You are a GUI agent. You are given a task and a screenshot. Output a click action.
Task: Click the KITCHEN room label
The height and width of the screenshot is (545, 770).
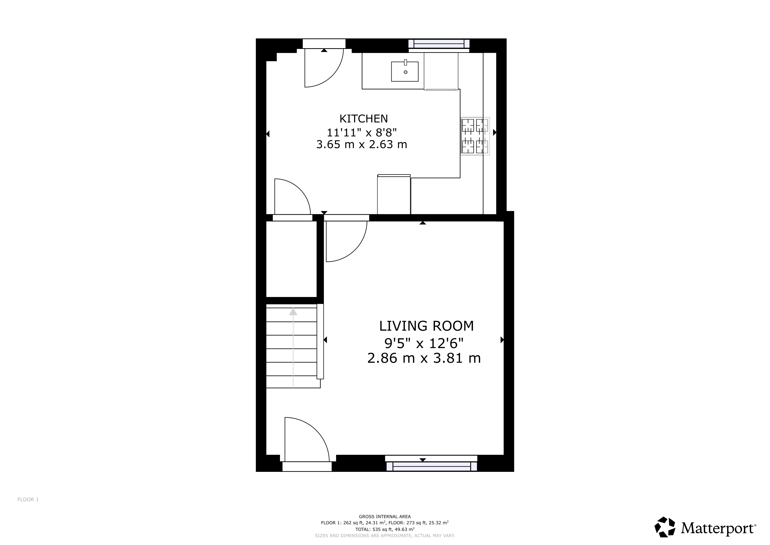(363, 119)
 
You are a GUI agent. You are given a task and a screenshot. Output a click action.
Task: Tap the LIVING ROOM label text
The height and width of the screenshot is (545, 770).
(426, 326)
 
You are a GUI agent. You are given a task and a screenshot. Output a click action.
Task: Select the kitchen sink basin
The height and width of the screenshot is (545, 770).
(405, 72)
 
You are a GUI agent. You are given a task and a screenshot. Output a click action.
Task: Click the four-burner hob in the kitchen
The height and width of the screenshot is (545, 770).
(475, 136)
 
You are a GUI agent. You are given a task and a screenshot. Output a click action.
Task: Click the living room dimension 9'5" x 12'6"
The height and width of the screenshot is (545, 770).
(424, 343)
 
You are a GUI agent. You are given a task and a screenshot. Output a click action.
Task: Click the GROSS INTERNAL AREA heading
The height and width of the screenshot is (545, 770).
(385, 517)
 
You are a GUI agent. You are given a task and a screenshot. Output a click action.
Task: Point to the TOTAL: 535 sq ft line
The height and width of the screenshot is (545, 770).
(385, 529)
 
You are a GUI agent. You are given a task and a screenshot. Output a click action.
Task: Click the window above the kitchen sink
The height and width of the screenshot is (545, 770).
(439, 44)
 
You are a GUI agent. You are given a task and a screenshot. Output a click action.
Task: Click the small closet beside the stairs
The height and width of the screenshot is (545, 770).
(291, 259)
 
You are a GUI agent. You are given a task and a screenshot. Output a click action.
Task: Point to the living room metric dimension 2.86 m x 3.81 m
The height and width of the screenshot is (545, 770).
(424, 358)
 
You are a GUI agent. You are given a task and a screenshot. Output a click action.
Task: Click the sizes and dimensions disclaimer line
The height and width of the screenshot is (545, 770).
(385, 536)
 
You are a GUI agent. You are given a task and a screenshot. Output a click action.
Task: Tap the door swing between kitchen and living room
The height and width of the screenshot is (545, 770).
(355, 250)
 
